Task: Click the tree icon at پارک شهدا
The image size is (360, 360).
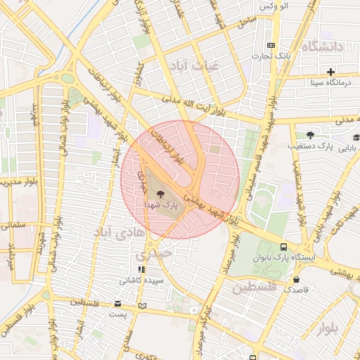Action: (x=161, y=193)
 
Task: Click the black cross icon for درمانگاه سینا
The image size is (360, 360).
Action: (x=330, y=72)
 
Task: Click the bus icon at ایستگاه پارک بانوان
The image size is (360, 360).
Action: (x=283, y=247)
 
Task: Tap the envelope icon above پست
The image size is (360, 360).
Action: (x=117, y=303)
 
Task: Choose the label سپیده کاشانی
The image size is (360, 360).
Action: (x=143, y=280)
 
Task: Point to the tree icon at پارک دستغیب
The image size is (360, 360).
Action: (x=310, y=135)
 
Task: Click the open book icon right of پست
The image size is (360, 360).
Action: (x=143, y=306)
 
